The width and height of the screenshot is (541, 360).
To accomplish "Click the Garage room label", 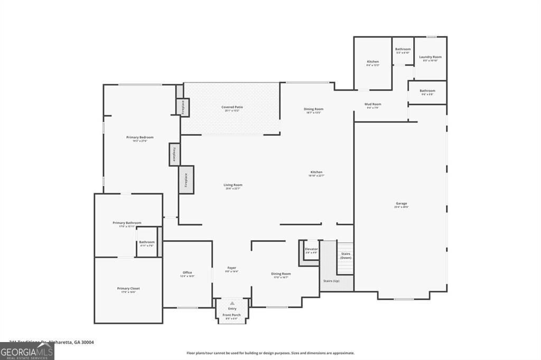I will (x=402, y=203).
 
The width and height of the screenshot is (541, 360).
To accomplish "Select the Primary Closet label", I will (x=128, y=288).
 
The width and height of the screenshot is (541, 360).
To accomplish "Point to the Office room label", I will (x=187, y=272).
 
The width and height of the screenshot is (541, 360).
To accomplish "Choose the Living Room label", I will (x=232, y=185).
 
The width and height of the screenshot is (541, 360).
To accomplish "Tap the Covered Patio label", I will (x=232, y=107).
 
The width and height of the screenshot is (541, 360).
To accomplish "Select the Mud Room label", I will (x=373, y=104).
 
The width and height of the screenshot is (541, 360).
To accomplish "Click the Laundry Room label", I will (x=430, y=57).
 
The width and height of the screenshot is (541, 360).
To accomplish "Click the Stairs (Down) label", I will (x=346, y=255).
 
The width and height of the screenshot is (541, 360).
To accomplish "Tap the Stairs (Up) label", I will (x=331, y=281).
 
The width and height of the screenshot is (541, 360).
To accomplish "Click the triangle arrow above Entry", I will (x=232, y=304).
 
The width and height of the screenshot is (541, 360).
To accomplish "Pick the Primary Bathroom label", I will (x=127, y=223).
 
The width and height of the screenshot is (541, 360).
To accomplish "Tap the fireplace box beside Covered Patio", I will (x=183, y=107).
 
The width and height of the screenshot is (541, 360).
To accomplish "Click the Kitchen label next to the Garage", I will (x=316, y=172).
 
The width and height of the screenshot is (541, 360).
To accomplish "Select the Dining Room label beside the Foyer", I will (x=281, y=273).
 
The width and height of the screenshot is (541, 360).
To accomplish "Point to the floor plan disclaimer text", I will (x=270, y=353).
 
